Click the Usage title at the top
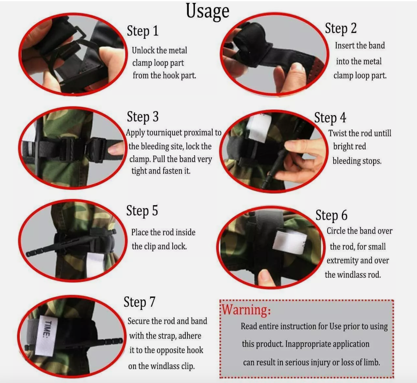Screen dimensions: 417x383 point(208,12)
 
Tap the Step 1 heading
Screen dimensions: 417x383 point(143,31)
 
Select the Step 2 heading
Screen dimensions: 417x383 point(341,28)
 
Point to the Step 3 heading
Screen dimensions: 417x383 point(143,117)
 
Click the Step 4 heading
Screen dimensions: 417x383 point(330,118)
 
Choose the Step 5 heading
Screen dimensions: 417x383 point(142,211)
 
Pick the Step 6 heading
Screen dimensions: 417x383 point(331,215)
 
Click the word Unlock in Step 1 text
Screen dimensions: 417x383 point(143,50)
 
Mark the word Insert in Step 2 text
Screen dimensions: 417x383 point(344,46)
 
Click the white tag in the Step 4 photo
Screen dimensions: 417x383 point(259,128)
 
